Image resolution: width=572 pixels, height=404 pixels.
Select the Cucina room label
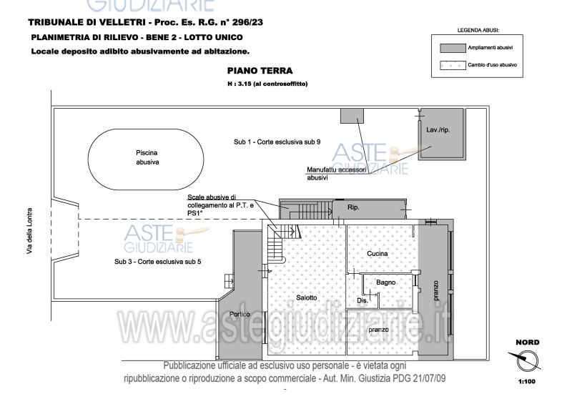(377, 255)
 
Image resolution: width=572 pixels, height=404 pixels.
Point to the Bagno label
(386, 283)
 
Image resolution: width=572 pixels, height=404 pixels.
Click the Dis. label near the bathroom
(363, 301)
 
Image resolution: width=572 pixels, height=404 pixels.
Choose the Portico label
(240, 315)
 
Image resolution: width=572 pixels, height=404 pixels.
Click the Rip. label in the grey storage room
(353, 208)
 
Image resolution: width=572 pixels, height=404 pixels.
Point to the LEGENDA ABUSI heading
(478, 31)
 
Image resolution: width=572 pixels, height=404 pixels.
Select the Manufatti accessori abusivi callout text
(336, 174)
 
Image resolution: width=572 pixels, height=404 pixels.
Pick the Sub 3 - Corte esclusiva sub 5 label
(157, 262)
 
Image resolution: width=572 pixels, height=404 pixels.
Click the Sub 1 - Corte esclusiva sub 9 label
(276, 142)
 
